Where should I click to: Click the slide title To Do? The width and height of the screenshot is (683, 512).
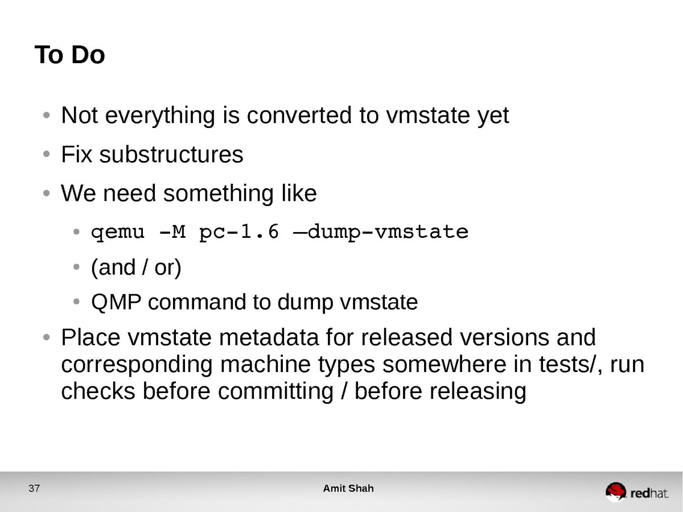69,55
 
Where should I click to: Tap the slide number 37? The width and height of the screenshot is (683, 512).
34,488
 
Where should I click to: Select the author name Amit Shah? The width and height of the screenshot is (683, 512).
348,488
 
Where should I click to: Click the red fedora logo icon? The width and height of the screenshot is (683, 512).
616,492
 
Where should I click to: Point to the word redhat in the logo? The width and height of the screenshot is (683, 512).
649,493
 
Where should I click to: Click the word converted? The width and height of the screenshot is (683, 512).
299,115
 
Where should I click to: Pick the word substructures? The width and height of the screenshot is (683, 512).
171,155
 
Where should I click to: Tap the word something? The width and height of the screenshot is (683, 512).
219,193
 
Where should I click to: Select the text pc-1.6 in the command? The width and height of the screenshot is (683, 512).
239,233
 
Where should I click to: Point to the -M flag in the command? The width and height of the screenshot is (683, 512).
172,232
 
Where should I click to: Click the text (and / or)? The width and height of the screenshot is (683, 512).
136,267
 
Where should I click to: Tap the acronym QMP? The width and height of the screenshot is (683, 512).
116,302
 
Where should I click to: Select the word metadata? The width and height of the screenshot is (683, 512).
269,337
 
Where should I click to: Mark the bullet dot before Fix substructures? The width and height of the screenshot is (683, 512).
47,154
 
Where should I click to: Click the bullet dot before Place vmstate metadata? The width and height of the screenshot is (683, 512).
47,337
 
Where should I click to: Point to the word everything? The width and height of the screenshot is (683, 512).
160,116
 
